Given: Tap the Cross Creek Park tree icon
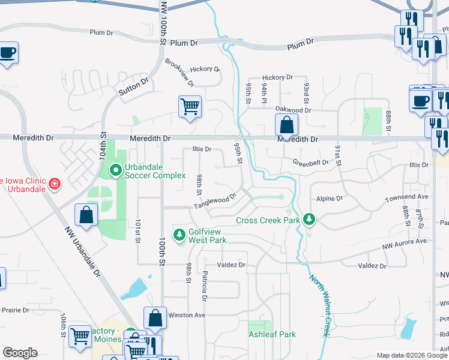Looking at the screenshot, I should [309, 220].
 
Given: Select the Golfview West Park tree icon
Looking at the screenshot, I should [179, 235].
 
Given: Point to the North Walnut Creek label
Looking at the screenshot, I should [321, 305].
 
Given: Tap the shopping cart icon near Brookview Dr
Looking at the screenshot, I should [190, 107].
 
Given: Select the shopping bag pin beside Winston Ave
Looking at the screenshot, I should [155, 319].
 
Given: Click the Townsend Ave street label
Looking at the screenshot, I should [407, 196].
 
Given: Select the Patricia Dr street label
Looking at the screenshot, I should [205, 286].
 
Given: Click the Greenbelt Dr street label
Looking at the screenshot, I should [310, 162].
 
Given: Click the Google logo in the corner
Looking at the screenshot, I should [20, 352].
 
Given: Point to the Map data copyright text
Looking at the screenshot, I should [411, 355].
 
